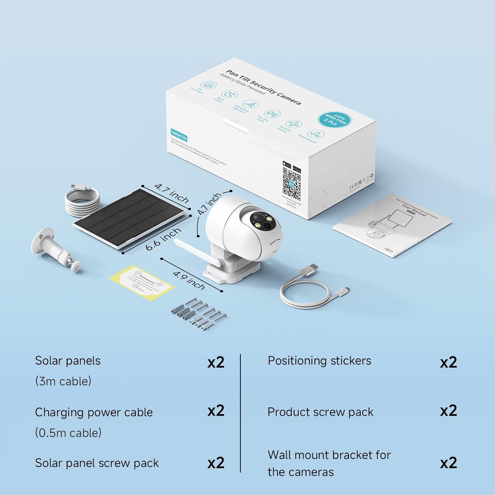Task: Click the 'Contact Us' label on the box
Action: tap(179, 135)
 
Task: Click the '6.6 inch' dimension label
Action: tap(163, 239)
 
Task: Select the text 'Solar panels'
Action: tap(68, 361)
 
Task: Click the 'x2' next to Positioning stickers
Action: tap(448, 362)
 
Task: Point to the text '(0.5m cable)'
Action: tap(68, 433)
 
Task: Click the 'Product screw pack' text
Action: tap(320, 412)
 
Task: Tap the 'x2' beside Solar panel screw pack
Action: tap(216, 463)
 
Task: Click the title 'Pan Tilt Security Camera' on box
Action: tap(263, 88)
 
